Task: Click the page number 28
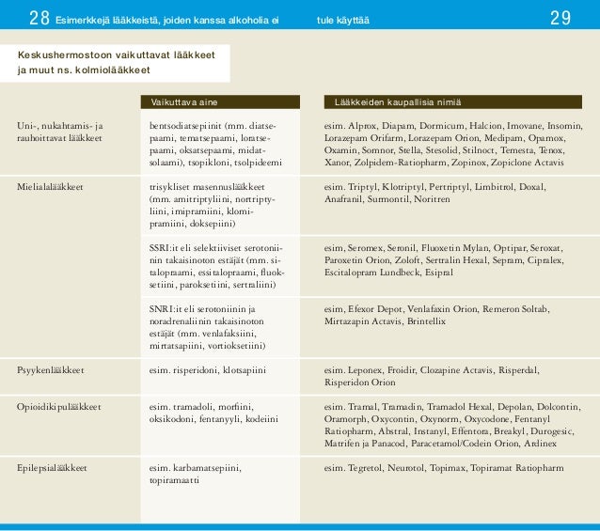(x=39, y=18)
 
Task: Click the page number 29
(x=561, y=18)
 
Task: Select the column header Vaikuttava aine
(x=184, y=102)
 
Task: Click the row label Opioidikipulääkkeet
(x=59, y=407)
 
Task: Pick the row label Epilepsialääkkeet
(x=53, y=467)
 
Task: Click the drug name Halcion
(x=486, y=125)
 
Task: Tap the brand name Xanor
(x=337, y=162)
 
